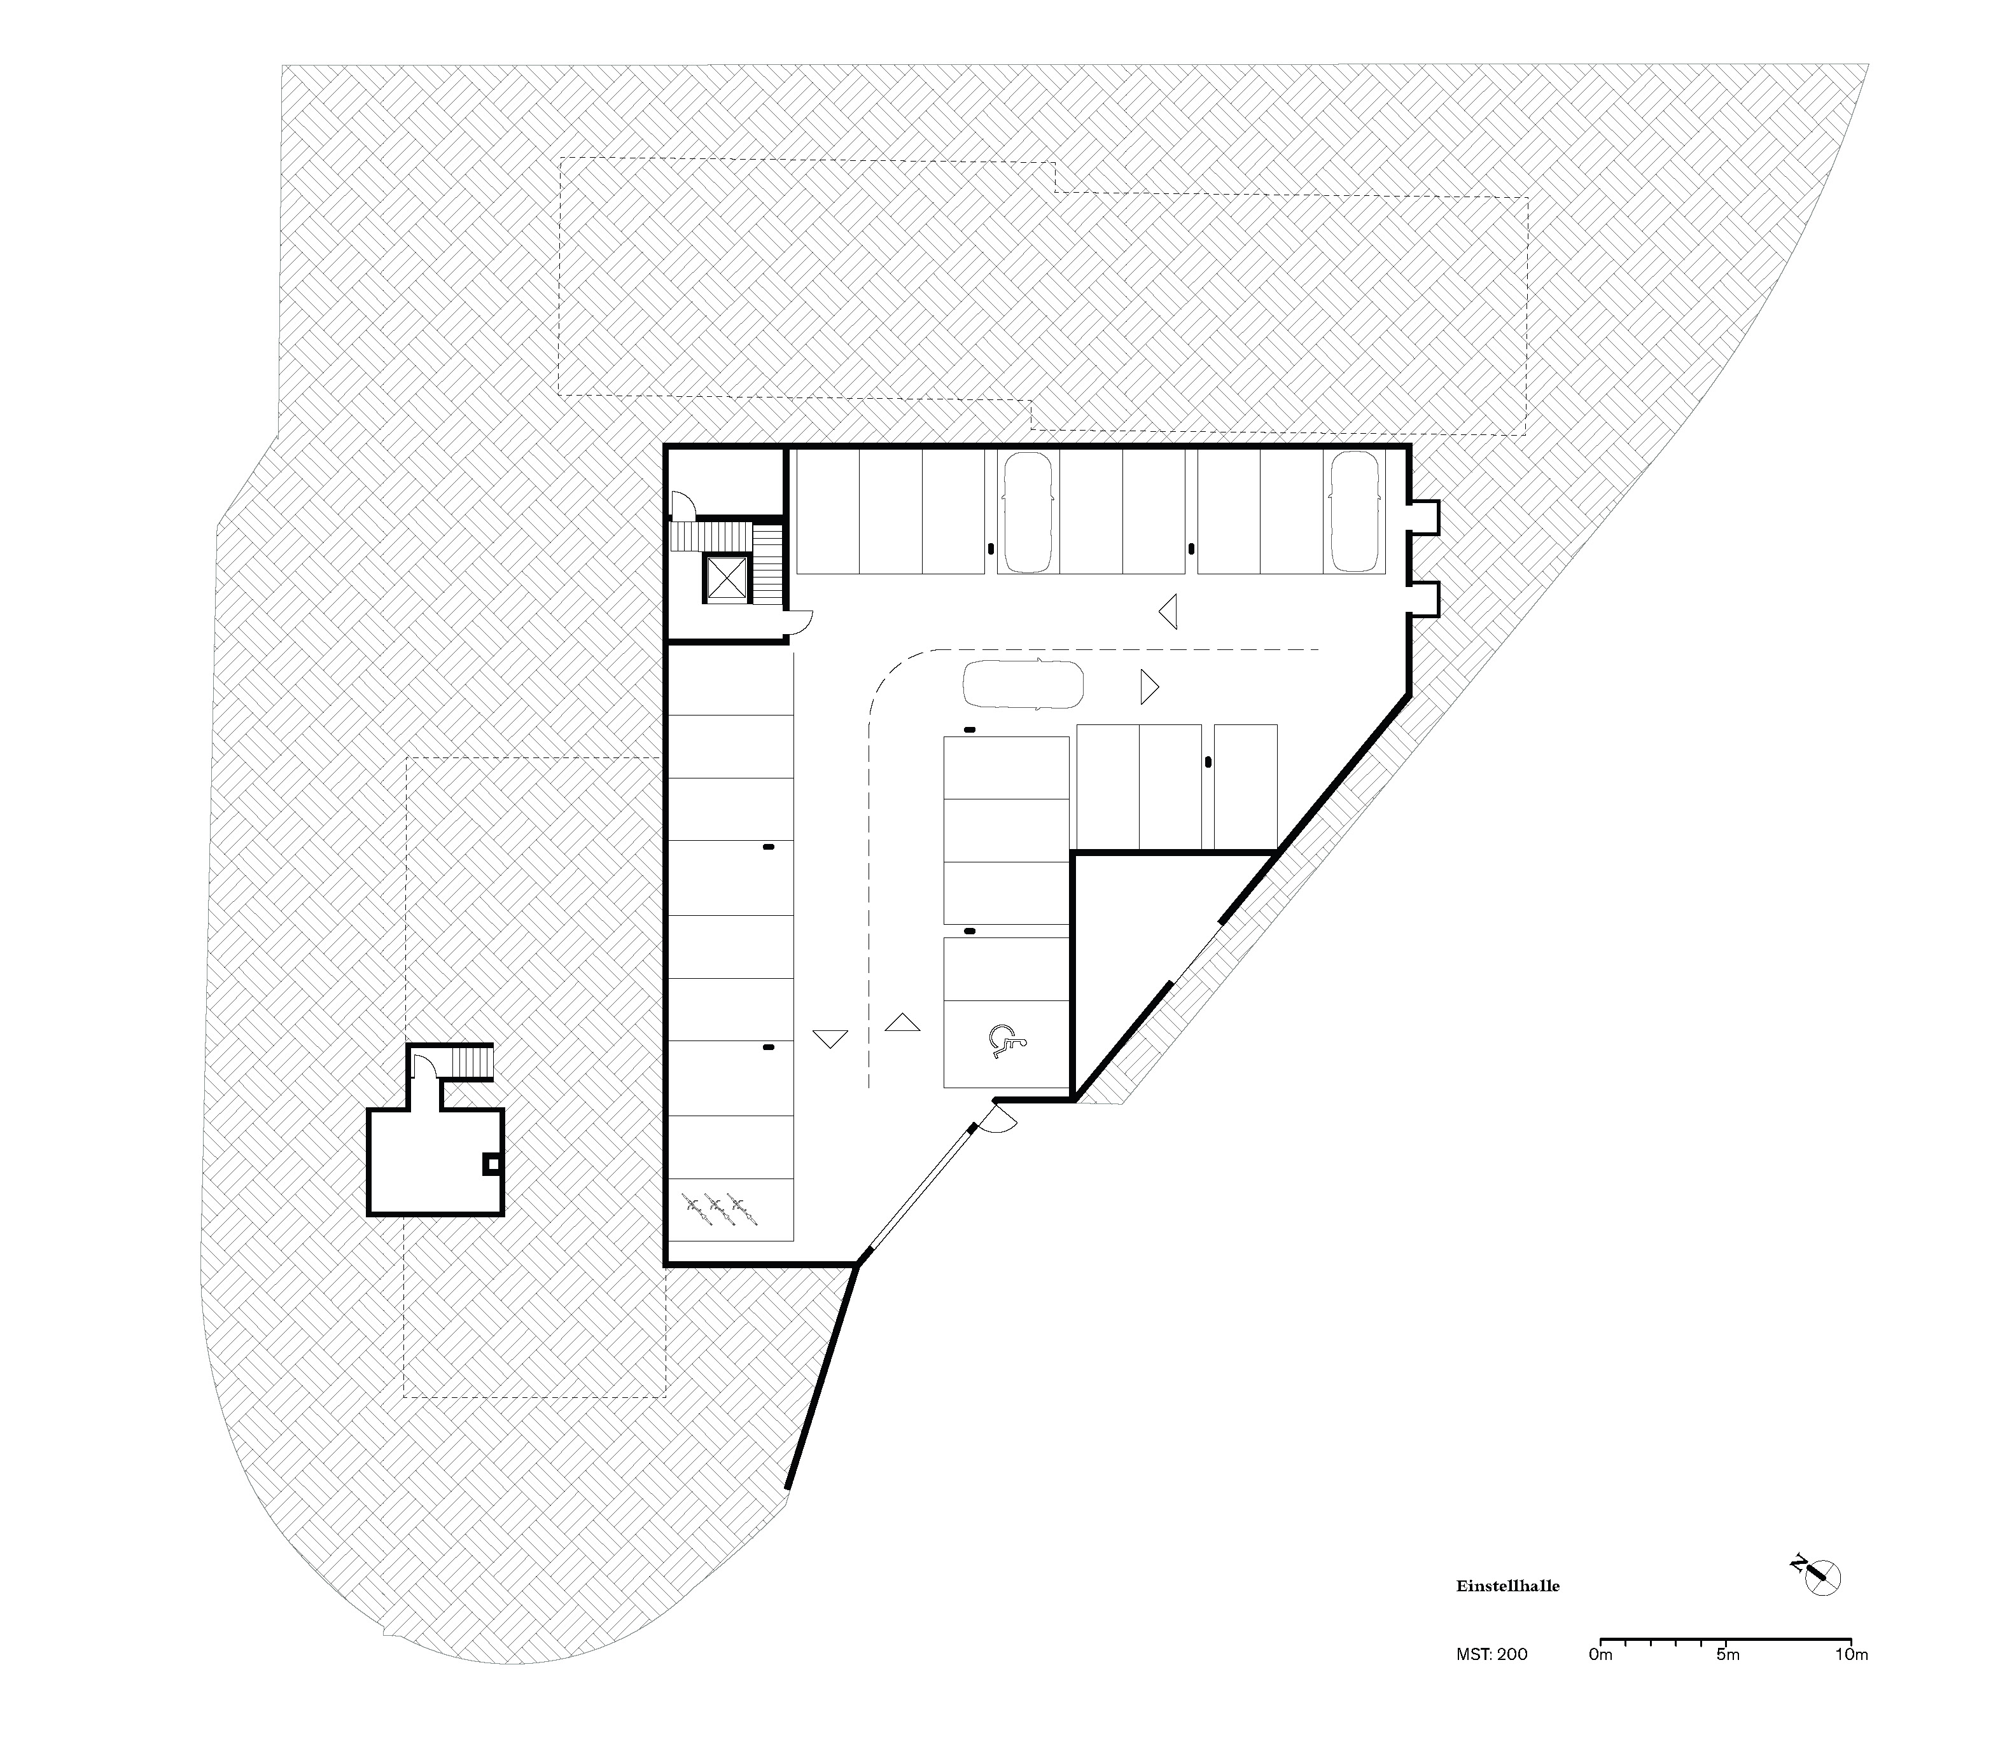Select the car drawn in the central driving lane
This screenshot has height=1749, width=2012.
(x=1022, y=684)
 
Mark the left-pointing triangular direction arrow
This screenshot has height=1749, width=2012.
(x=1168, y=611)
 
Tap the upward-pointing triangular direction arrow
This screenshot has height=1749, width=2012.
(x=902, y=1022)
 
